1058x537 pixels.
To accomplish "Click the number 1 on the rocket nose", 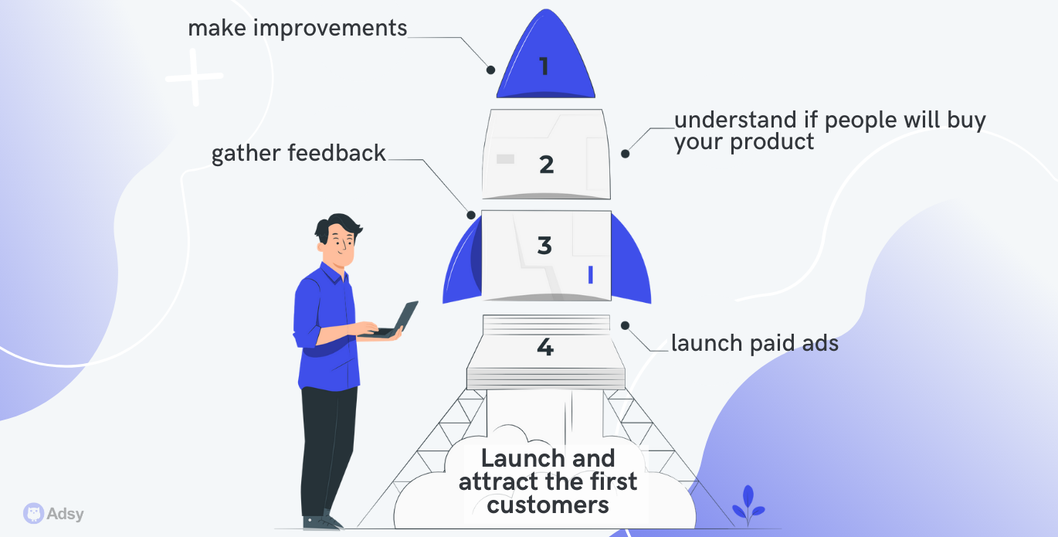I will pyautogui.click(x=544, y=66).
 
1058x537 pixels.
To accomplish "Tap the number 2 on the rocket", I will pyautogui.click(x=547, y=164).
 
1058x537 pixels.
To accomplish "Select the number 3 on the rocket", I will pyautogui.click(x=544, y=246).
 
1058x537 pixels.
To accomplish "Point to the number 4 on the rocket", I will pyautogui.click(x=545, y=348).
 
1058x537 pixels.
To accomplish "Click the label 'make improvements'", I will pyautogui.click(x=297, y=29).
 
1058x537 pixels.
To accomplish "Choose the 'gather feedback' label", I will pyautogui.click(x=299, y=154).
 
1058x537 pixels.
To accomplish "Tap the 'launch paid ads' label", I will pyautogui.click(x=755, y=343).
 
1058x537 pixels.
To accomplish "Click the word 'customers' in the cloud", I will pyautogui.click(x=548, y=505).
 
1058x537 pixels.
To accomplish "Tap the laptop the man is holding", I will pyautogui.click(x=398, y=321).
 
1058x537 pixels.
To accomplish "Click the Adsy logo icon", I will pyautogui.click(x=34, y=513).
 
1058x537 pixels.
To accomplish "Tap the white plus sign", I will pyautogui.click(x=194, y=78).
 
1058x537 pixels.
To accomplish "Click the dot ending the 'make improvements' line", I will pyautogui.click(x=490, y=70).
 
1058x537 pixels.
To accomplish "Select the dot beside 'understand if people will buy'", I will pyautogui.click(x=626, y=154).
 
